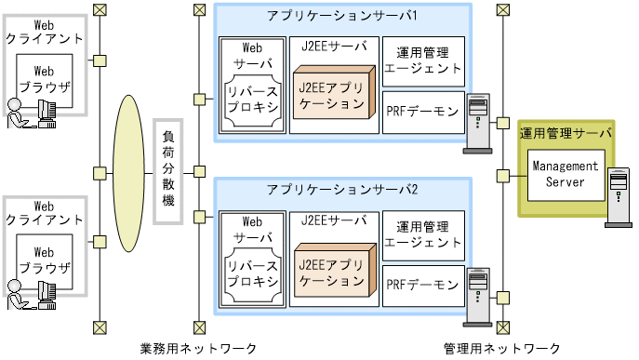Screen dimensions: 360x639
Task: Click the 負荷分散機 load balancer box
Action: coord(167,172)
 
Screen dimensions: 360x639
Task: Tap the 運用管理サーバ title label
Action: coord(566,133)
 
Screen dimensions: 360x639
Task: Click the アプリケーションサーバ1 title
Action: coord(342,18)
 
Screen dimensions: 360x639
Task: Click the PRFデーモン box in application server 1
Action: coord(421,111)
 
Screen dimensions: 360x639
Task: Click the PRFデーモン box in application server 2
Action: coord(421,283)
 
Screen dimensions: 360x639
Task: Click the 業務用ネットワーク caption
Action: coord(198,348)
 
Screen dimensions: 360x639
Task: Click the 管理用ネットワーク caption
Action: coord(502,348)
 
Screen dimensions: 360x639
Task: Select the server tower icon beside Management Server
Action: coord(618,196)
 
